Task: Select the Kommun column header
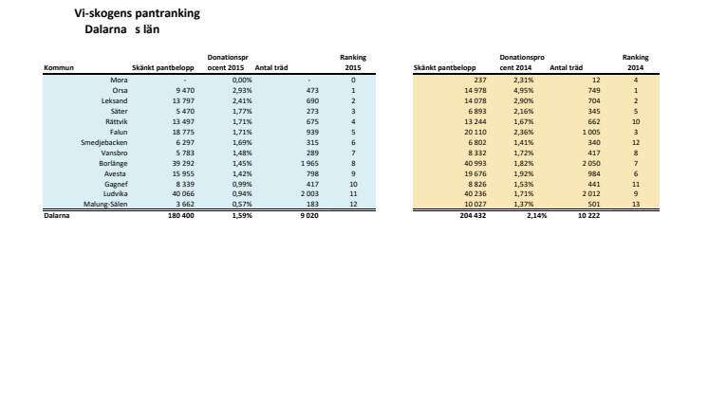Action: (x=58, y=68)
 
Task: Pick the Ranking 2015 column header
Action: (x=353, y=63)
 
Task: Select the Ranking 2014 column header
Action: (x=636, y=63)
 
